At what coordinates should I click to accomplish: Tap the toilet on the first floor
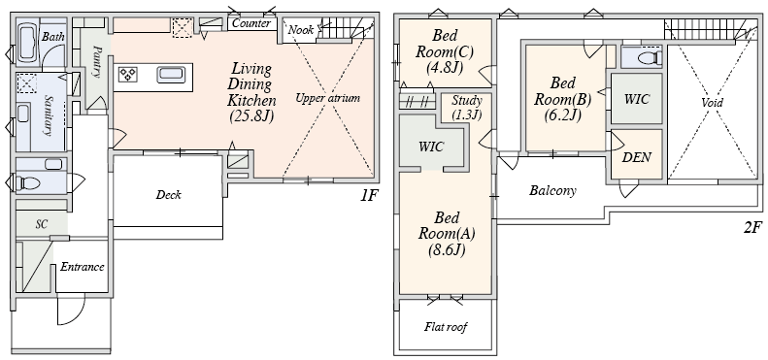coord(28,184)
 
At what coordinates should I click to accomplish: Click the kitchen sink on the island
coord(171,75)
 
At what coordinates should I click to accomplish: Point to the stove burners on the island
coord(128,75)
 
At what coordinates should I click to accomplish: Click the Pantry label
coord(97,61)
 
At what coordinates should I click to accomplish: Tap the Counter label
coord(250,23)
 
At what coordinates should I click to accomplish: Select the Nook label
coord(300,30)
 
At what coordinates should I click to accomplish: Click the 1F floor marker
coord(369,195)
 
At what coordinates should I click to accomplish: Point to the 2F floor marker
coord(752,228)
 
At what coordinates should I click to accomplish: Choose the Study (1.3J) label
coord(466,108)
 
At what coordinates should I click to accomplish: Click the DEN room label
coord(636,158)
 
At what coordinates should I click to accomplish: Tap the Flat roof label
coord(446,327)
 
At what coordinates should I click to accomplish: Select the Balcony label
coord(552,190)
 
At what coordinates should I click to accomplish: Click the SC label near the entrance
coord(42,224)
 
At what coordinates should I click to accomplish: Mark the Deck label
coord(169,195)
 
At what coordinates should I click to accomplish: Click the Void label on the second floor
coord(712,103)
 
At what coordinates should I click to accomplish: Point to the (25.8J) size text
coord(251,116)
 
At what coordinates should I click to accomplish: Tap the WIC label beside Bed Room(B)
coord(636,99)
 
